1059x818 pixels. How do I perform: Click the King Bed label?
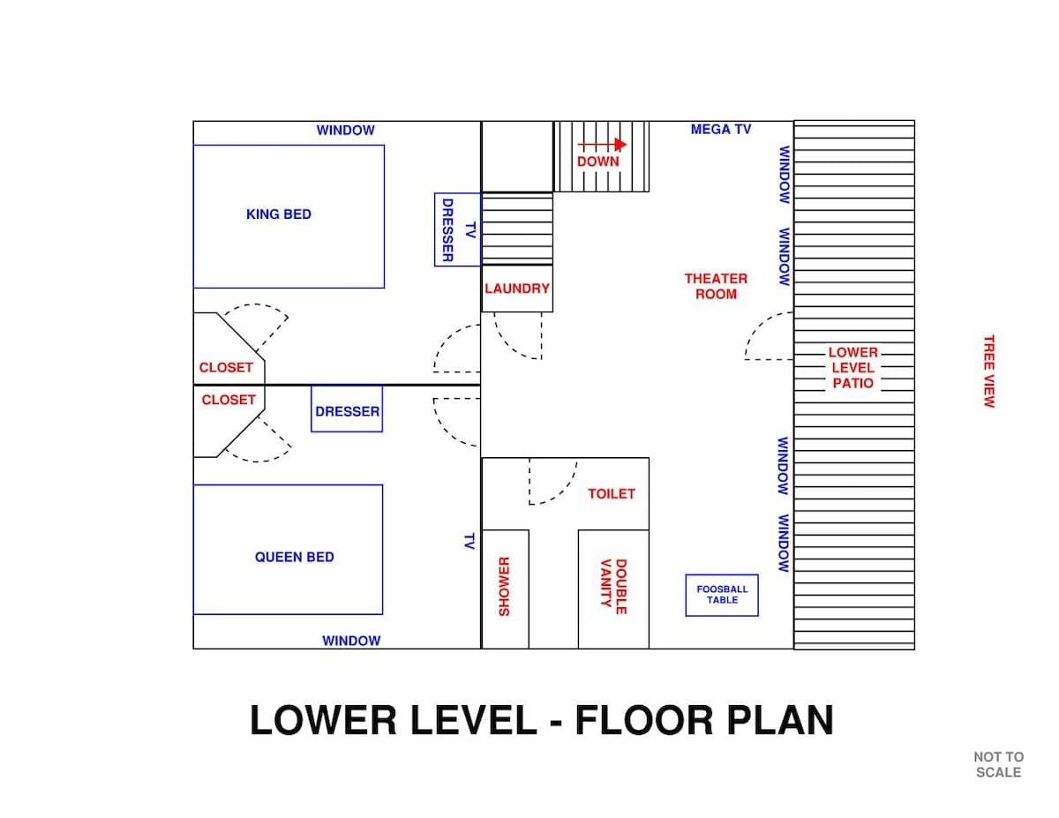278,214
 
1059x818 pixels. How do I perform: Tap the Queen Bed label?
295,557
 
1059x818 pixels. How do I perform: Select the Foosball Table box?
722,596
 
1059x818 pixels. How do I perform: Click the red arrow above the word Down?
602,144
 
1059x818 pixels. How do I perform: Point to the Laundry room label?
516,289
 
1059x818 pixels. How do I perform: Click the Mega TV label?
721,129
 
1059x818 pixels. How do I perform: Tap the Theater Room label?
716,287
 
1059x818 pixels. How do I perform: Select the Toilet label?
611,494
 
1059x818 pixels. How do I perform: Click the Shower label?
504,587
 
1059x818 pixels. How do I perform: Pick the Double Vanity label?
613,587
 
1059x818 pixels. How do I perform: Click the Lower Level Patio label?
852,368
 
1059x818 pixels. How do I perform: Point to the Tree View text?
988,371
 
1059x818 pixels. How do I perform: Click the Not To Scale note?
999,765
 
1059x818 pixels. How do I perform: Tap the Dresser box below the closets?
347,409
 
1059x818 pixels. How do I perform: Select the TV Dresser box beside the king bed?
457,230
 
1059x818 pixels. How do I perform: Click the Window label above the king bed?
346,130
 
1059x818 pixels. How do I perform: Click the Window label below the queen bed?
351,641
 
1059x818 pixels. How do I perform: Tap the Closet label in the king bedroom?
226,367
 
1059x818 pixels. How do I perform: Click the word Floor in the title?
645,720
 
